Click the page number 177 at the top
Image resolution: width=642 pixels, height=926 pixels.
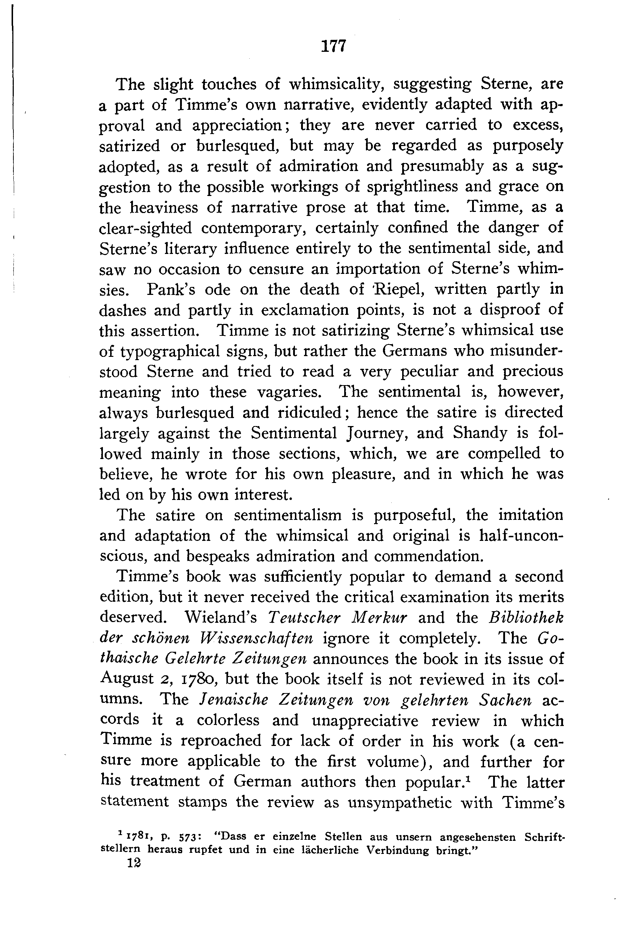pyautogui.click(x=333, y=46)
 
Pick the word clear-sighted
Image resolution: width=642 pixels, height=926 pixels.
pyautogui.click(x=146, y=228)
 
